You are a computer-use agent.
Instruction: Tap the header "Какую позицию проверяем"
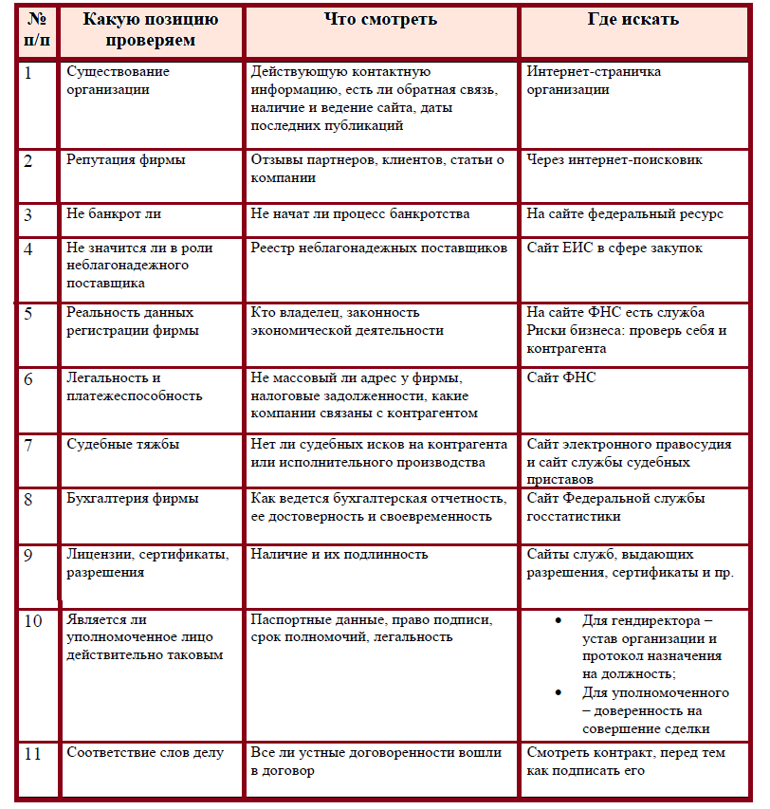pos(152,29)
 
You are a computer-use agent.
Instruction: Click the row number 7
pos(28,445)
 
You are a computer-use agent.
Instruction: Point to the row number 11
pos(33,754)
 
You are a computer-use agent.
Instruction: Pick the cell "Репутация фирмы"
pos(126,160)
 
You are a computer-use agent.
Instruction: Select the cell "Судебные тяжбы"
pos(123,444)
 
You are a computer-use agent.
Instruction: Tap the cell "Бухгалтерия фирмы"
pos(133,499)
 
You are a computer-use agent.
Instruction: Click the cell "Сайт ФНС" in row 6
pos(561,377)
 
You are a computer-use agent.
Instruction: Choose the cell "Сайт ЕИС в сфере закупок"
pos(628,248)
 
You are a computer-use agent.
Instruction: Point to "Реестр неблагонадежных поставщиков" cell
pos(379,248)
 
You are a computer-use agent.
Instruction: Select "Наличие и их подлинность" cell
pos(339,554)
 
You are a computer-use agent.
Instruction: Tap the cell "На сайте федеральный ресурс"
pos(625,213)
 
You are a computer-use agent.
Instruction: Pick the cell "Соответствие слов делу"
pos(145,753)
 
